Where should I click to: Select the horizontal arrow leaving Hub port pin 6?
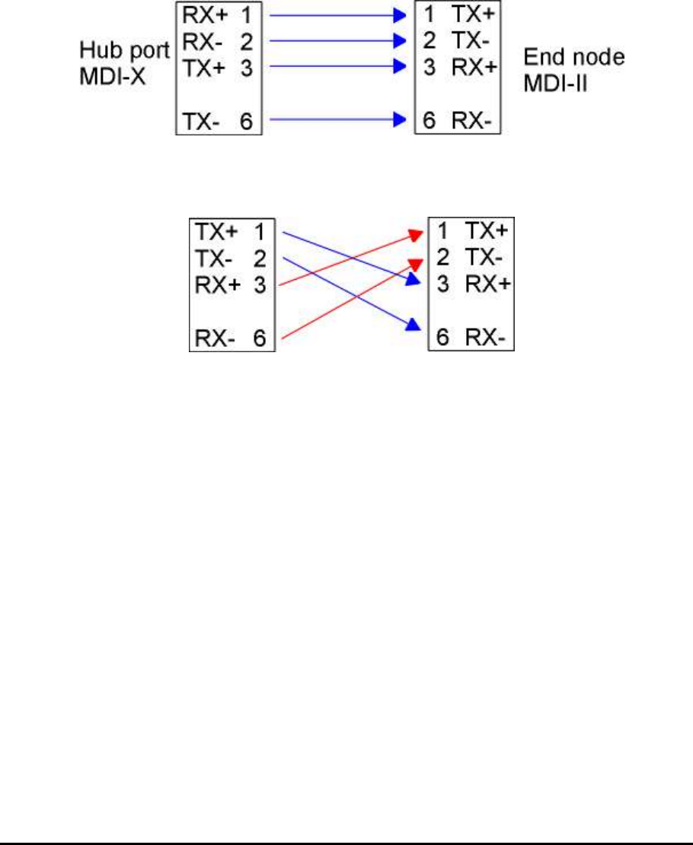point(335,119)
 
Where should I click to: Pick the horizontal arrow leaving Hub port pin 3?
point(335,67)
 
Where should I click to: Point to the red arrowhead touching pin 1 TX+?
point(417,233)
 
